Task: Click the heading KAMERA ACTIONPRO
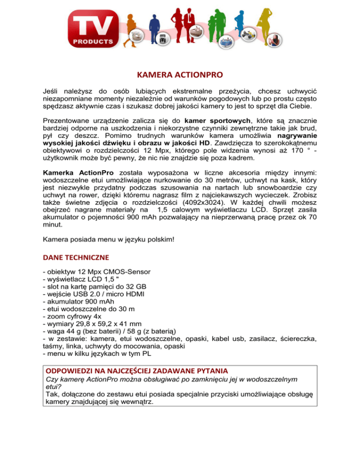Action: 180,74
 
